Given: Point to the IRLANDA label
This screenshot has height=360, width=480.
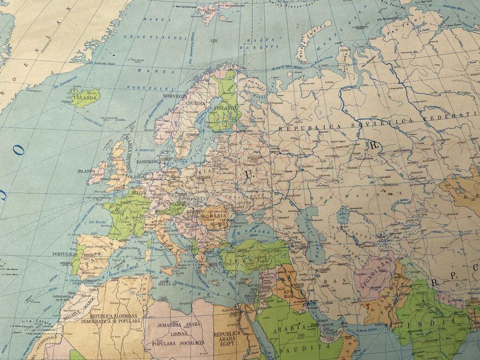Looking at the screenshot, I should tap(87, 170).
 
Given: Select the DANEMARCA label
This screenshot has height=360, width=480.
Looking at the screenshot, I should tap(148, 161).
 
